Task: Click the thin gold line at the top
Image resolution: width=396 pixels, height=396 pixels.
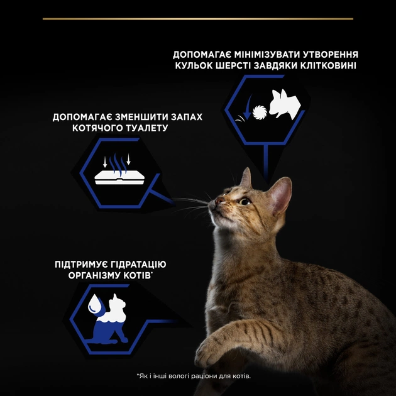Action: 197,19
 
